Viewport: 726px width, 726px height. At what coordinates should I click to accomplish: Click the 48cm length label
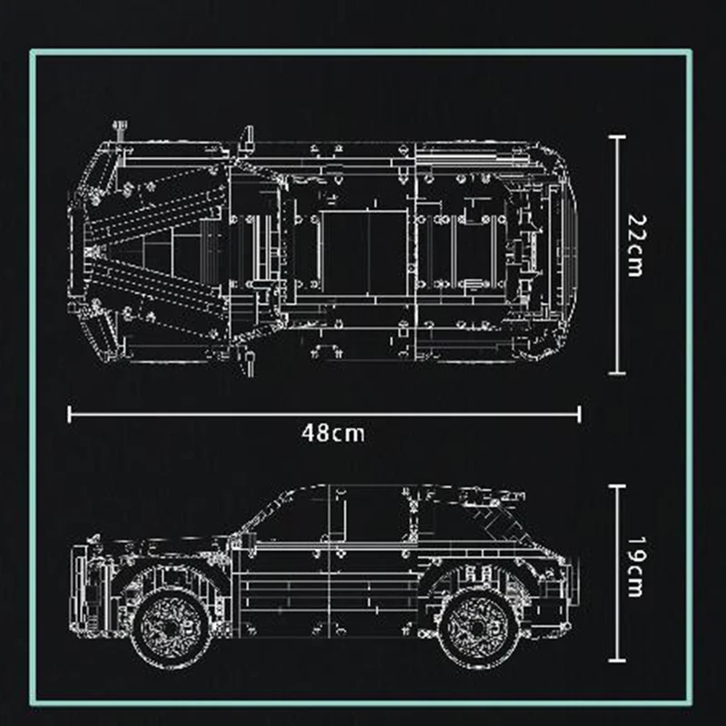333,434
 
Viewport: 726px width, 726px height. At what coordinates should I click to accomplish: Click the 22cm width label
636,245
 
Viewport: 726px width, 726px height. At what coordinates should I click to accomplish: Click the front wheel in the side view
171,627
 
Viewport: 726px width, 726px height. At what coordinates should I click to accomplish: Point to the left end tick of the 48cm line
70,415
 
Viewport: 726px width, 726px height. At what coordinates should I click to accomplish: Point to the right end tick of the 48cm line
579,415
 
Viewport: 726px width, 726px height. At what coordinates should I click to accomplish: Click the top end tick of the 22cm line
617,137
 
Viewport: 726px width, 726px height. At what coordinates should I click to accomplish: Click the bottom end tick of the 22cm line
617,373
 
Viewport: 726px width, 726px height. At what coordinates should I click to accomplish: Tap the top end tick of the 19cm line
617,486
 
